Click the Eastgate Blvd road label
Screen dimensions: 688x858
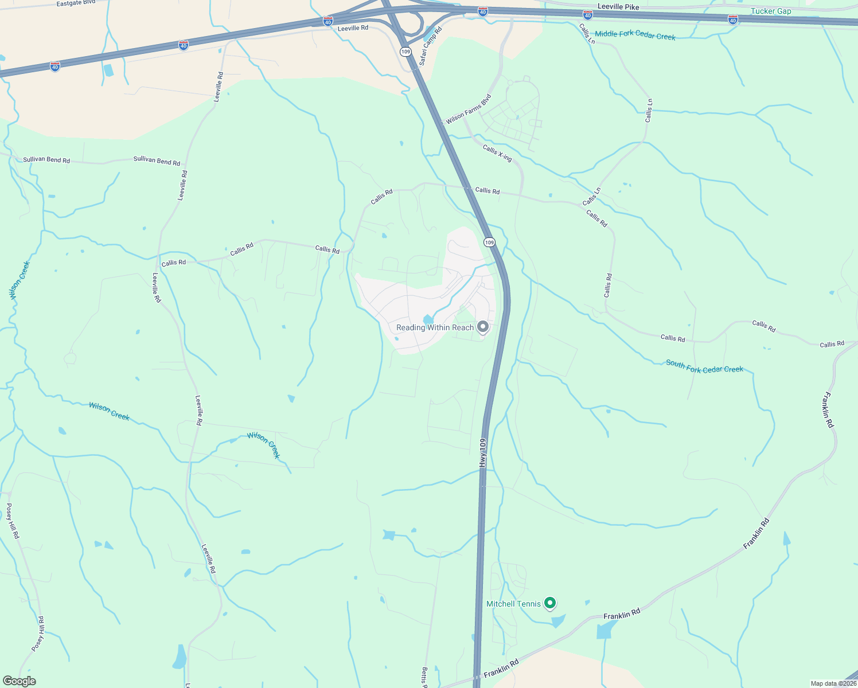76,3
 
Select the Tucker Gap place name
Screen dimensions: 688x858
771,11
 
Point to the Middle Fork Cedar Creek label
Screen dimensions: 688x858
635,35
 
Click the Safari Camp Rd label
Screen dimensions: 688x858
430,46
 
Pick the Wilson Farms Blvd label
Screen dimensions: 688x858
469,109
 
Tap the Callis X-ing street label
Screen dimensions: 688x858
497,153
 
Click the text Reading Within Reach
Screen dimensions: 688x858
435,327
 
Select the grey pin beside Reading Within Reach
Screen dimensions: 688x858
483,327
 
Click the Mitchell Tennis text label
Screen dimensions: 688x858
513,604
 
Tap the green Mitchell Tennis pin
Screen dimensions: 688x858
550,603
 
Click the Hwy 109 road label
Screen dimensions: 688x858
483,453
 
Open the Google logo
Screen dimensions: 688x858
19,681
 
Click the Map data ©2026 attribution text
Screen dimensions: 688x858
833,683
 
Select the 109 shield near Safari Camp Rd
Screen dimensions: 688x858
406,52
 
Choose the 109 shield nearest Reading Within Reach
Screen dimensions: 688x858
489,243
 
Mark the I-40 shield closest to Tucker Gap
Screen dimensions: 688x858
732,20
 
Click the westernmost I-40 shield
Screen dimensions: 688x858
55,67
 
